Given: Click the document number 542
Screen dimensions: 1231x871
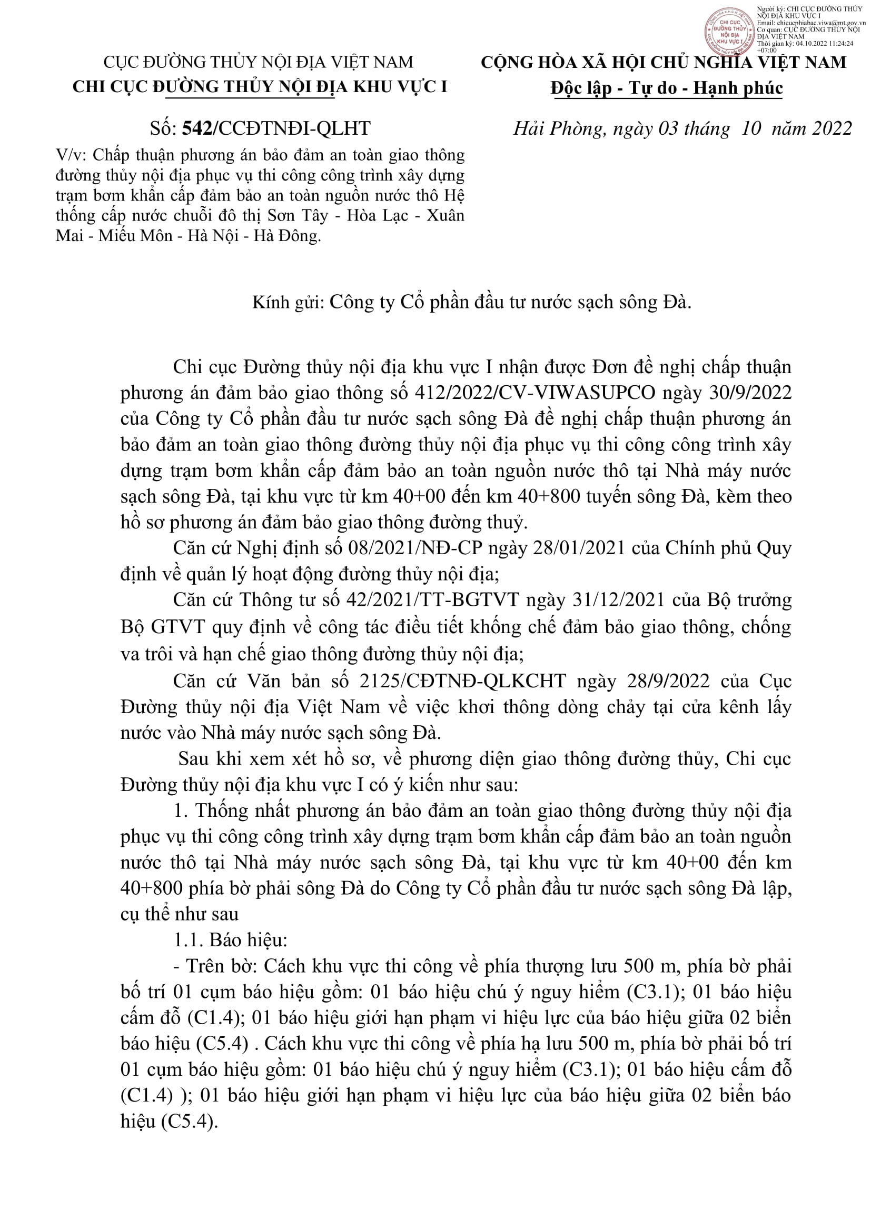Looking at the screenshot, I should click(197, 128).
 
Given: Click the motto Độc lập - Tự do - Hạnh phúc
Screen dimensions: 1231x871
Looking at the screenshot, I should click(667, 88).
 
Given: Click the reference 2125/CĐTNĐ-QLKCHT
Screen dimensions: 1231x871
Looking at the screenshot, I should click(463, 681).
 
